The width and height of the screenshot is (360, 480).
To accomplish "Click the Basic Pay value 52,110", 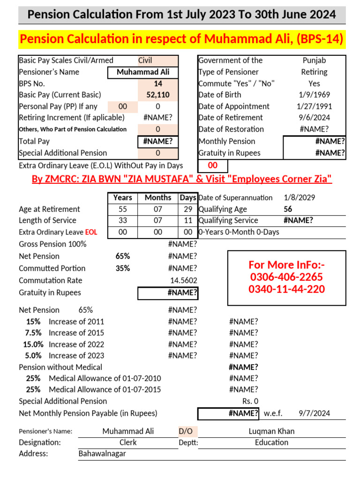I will click(x=158, y=95).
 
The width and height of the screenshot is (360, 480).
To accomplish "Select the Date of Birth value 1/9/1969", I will click(x=315, y=95).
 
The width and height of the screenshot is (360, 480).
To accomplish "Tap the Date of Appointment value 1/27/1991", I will click(x=315, y=106).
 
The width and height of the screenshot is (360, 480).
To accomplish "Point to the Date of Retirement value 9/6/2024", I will click(x=315, y=118).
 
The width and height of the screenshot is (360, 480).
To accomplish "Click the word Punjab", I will click(x=315, y=60).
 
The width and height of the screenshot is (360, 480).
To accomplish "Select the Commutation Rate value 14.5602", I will click(x=183, y=280).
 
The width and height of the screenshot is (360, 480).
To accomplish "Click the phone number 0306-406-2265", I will click(x=286, y=277).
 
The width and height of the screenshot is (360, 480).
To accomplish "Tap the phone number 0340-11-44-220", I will click(x=286, y=289).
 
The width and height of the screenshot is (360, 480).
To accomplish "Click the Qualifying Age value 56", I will click(x=288, y=209).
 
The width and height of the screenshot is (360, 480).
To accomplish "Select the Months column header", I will click(x=158, y=198).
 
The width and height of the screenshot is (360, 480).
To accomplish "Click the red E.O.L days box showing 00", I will click(x=213, y=165).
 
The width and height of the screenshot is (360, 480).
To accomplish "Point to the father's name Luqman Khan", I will click(x=271, y=431).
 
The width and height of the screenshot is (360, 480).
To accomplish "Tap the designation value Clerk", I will click(x=128, y=442).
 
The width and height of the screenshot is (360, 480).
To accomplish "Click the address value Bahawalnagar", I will click(x=102, y=454).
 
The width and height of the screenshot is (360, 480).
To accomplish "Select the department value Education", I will click(x=271, y=442).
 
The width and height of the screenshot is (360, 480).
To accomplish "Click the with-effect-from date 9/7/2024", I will click(x=314, y=413).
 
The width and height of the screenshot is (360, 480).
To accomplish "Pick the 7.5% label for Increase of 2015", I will click(x=33, y=333).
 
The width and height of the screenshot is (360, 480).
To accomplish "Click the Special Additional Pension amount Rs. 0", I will click(x=250, y=401).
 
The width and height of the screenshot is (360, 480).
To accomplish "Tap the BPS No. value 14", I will click(x=158, y=83).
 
